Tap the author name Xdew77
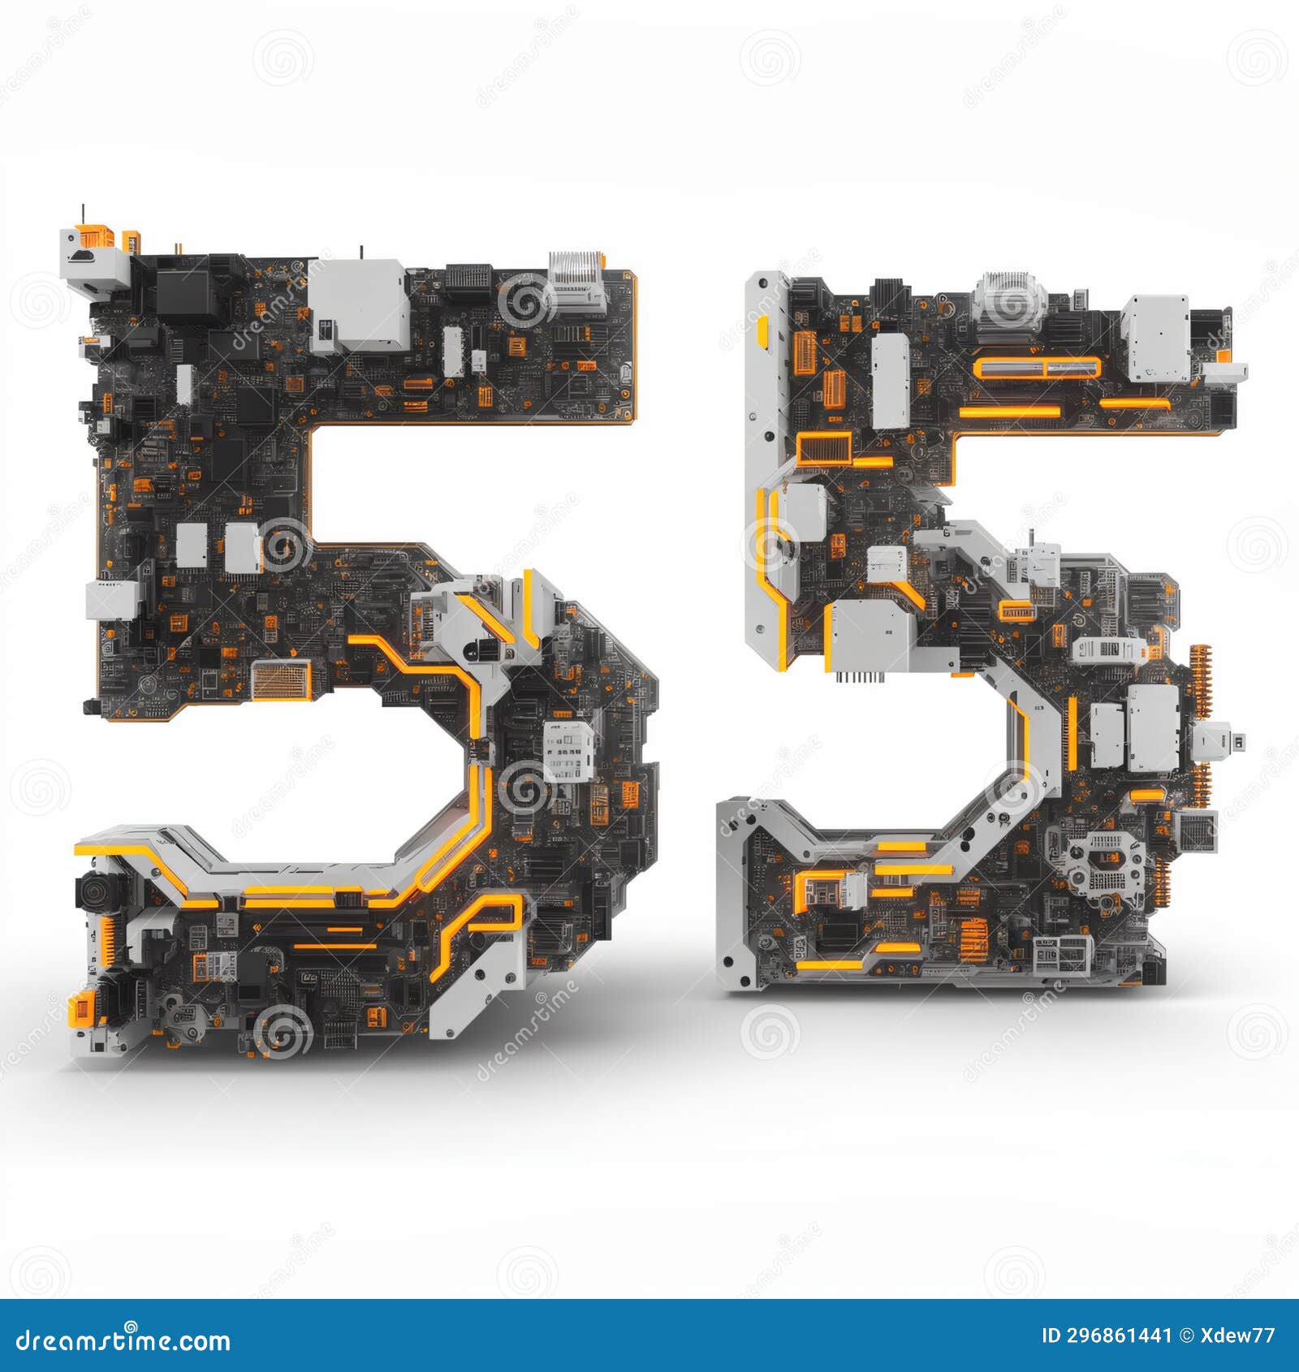tap(1242, 1335)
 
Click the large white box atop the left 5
tap(360, 304)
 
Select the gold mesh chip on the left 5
tap(281, 680)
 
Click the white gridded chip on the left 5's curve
tap(568, 751)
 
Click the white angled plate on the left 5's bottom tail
tap(475, 990)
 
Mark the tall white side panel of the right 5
tap(764, 471)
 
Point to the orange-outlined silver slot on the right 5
tap(1037, 368)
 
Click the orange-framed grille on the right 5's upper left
tap(823, 447)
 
